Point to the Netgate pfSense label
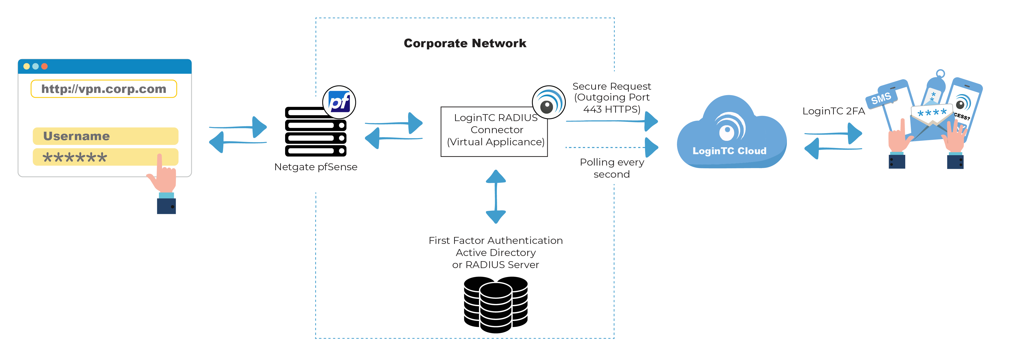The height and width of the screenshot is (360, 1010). [x=316, y=167]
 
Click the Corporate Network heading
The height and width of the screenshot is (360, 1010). [x=465, y=43]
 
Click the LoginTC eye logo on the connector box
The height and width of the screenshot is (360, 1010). [x=548, y=103]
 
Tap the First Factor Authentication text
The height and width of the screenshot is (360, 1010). [x=496, y=240]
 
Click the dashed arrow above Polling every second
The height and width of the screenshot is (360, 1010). [x=612, y=148]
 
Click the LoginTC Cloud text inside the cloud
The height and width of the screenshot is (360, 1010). [x=729, y=151]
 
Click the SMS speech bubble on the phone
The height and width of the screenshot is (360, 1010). [x=881, y=98]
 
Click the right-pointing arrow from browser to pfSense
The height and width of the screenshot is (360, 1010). [x=239, y=127]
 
